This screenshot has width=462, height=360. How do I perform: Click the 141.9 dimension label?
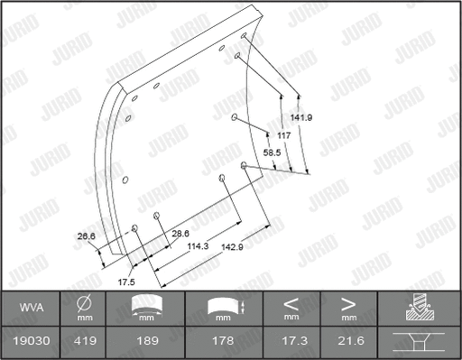(x=301, y=116)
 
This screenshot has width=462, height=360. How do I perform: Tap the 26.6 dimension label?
(x=88, y=236)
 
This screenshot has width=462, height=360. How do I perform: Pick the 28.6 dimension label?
(x=180, y=233)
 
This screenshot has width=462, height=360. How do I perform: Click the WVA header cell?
(x=32, y=309)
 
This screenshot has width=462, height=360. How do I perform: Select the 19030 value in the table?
(x=32, y=342)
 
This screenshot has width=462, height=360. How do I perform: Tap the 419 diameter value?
(x=82, y=342)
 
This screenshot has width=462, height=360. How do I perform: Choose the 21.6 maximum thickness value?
(x=348, y=342)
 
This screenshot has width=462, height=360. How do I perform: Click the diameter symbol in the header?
(x=82, y=304)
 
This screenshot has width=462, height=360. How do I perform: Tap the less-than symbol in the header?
(x=291, y=304)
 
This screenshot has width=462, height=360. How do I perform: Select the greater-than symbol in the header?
(x=347, y=304)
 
